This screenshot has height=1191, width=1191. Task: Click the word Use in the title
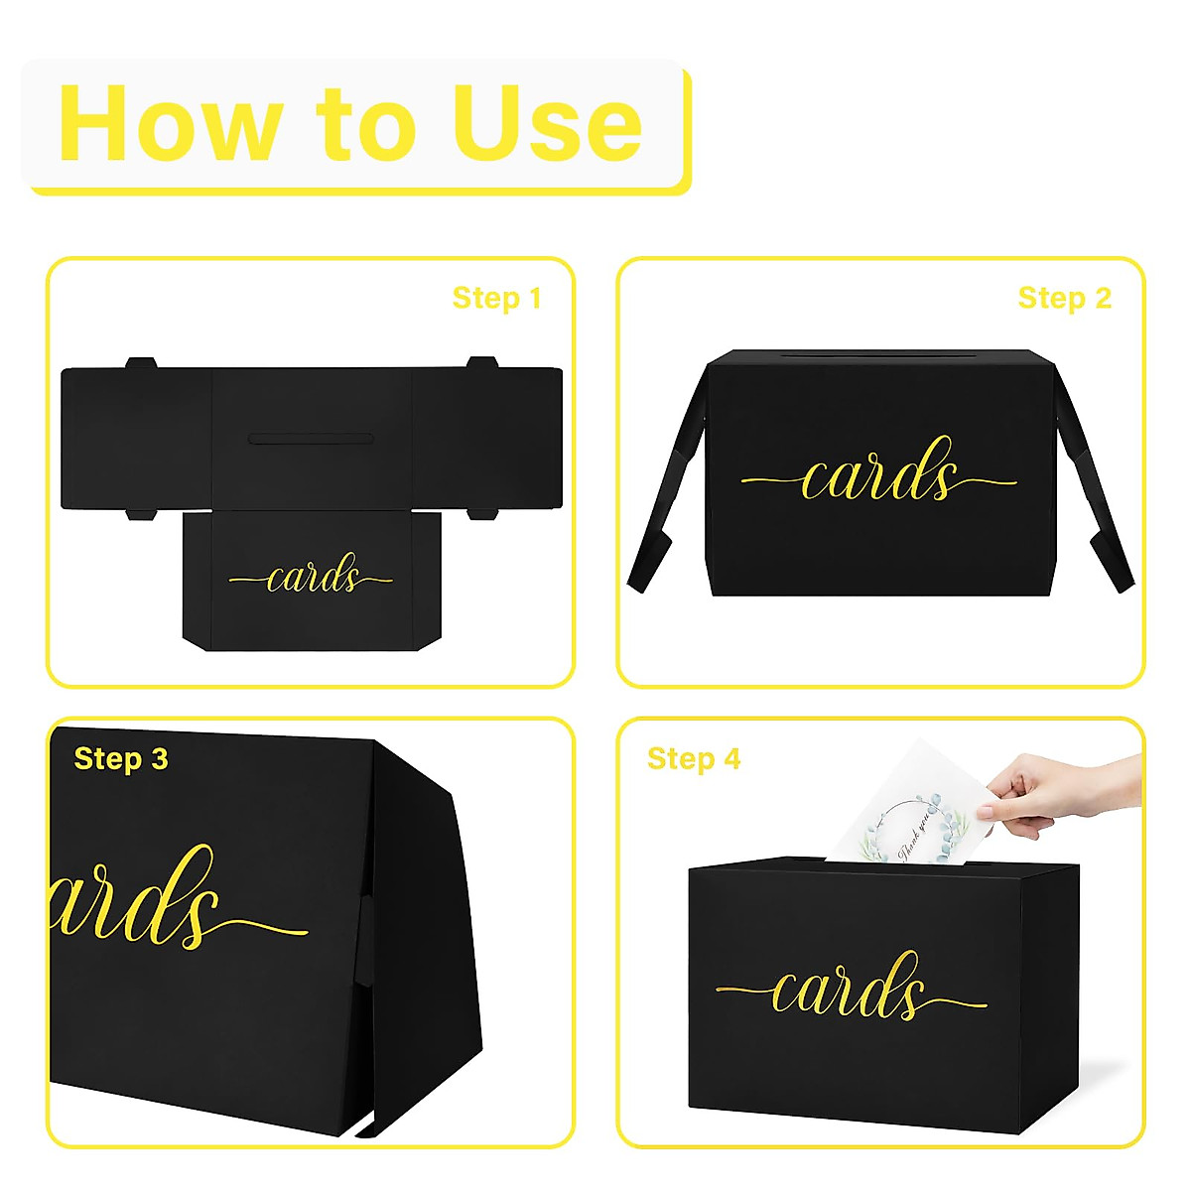click(x=547, y=124)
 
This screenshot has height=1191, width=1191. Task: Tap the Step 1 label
click(x=496, y=298)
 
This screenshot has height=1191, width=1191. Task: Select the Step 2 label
click(x=1064, y=298)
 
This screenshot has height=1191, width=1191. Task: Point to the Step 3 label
click(x=121, y=759)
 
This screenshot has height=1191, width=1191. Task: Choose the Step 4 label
click(x=694, y=759)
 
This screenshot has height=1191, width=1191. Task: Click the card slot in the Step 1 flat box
click(x=311, y=438)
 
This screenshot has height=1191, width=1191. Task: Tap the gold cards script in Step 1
click(x=311, y=577)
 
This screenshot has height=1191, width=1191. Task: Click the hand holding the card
click(x=1042, y=789)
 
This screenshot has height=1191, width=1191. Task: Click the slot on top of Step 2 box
click(x=879, y=354)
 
